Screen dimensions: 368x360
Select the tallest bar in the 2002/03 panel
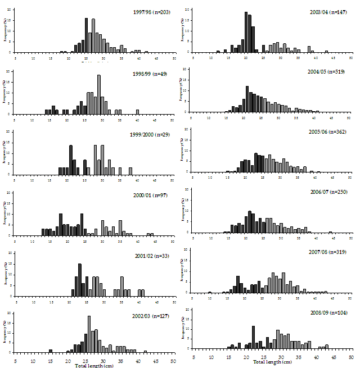(x=89, y=334)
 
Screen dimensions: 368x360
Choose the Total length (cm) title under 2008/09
(x=272, y=362)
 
